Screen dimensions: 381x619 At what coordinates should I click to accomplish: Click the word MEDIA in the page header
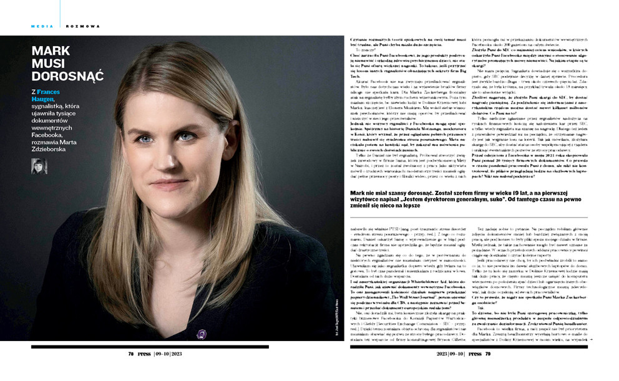(41, 26)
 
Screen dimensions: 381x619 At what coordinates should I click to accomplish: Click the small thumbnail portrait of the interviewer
(39, 166)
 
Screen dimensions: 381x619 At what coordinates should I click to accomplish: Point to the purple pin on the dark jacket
(201, 334)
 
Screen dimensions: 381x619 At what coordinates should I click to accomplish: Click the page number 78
(131, 353)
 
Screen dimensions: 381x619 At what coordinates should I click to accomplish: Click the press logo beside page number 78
(145, 353)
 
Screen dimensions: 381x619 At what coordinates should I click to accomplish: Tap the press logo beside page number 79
(474, 353)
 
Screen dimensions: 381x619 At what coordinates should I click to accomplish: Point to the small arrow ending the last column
(590, 340)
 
